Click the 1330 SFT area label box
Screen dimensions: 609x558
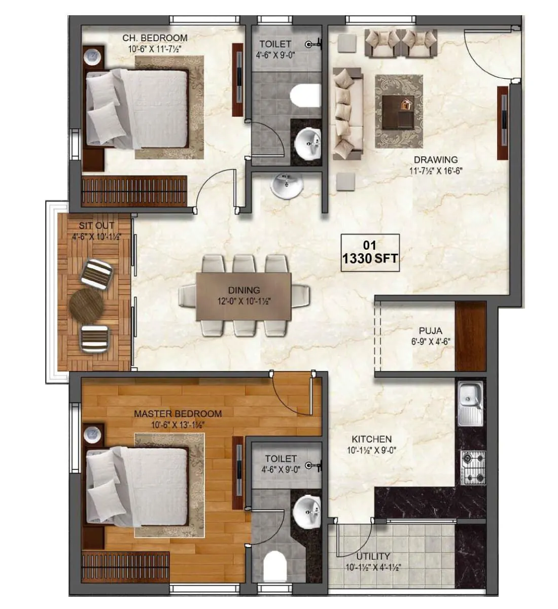point(370,253)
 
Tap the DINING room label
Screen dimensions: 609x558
point(243,290)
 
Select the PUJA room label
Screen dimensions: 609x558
point(430,331)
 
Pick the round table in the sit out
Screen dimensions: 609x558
point(86,304)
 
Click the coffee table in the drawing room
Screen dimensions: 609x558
point(399,111)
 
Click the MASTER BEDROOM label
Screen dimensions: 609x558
point(178,414)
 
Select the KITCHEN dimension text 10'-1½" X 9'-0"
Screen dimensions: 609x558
point(372,449)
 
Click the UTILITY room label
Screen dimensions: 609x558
point(373,556)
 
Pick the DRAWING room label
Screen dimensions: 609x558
point(435,159)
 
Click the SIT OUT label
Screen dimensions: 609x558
point(96,225)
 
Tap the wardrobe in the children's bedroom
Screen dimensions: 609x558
point(134,190)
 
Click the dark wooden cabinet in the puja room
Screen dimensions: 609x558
point(471,336)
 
